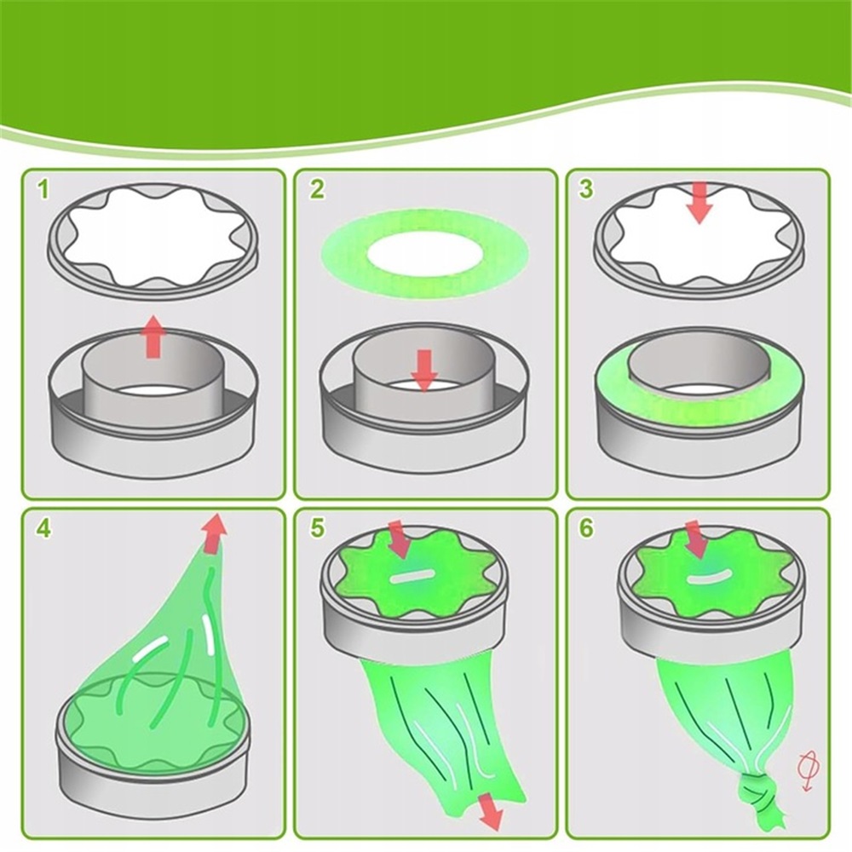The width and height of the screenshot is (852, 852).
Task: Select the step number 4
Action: pos(43,527)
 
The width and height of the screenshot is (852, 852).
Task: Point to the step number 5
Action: pos(317,527)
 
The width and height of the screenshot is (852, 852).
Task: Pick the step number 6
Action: pos(586,527)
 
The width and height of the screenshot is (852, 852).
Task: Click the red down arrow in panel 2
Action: pos(423,370)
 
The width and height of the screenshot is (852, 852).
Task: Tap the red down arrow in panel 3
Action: pos(699,203)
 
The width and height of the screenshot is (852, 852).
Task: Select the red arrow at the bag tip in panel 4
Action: pos(214,532)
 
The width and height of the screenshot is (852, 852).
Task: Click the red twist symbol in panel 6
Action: pos(807,770)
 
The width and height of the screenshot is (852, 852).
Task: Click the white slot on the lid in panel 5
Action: pos(412,577)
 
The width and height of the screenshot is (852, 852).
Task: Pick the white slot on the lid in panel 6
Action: pos(708,578)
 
